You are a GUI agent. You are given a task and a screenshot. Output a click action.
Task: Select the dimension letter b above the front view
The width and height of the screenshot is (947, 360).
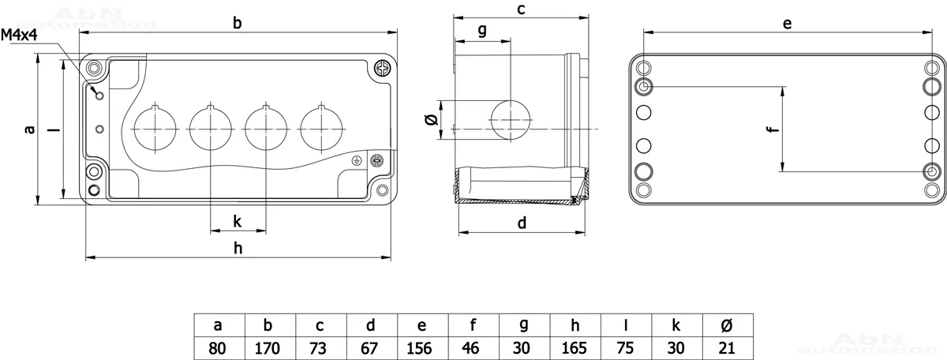tap(237, 24)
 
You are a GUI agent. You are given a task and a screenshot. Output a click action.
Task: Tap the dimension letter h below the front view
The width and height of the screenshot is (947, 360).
tap(238, 248)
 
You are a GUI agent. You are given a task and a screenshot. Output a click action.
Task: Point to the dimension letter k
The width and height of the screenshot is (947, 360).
tap(238, 221)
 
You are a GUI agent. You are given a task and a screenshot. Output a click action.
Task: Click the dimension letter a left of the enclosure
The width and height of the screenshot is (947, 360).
tap(30, 130)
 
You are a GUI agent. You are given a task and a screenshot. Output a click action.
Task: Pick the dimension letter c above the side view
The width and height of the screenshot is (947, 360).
tap(521, 9)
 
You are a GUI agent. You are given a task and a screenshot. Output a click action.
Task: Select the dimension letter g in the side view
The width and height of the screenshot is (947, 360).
tap(482, 31)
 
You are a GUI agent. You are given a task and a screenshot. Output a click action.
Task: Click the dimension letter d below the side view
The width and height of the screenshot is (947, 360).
tap(522, 223)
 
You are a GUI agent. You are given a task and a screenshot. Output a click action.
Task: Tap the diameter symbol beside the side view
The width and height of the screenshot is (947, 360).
tap(430, 120)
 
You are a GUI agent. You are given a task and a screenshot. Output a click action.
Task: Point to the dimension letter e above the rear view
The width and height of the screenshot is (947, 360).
tap(787, 24)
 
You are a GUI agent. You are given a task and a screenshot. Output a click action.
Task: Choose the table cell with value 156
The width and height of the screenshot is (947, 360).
tap(422, 348)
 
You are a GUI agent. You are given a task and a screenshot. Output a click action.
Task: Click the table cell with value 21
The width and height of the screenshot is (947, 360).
tap(727, 348)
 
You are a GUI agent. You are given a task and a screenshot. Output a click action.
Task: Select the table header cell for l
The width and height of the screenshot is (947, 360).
tap(626, 325)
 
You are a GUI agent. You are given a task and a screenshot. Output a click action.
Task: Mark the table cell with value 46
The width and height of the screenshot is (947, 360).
tap(473, 348)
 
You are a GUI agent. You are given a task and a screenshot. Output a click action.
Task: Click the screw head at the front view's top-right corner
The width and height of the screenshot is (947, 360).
tap(383, 69)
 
